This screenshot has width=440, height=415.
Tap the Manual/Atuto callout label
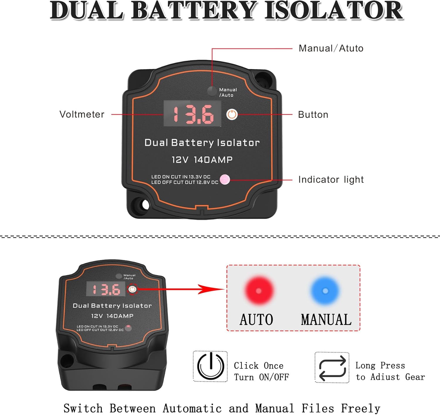331,48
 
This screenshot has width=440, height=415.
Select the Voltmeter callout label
82,114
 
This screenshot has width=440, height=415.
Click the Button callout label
313,115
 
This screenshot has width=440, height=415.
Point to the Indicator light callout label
331,179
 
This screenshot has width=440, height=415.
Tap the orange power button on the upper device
232,114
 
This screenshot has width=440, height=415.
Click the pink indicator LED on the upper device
225,179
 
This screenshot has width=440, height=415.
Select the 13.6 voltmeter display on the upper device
192,114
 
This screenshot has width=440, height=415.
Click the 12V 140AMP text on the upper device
202,160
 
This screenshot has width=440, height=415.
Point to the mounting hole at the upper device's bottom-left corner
144,204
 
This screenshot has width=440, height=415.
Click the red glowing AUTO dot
258,291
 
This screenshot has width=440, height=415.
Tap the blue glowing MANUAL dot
325,291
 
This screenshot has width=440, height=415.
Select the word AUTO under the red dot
256,320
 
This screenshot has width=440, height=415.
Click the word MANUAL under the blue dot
326,320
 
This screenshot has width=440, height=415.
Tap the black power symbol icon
210,366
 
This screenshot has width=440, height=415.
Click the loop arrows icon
332,367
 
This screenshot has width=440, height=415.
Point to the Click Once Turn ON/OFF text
261,371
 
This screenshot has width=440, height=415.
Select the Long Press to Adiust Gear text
390,371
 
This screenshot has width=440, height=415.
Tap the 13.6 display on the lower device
106,289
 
